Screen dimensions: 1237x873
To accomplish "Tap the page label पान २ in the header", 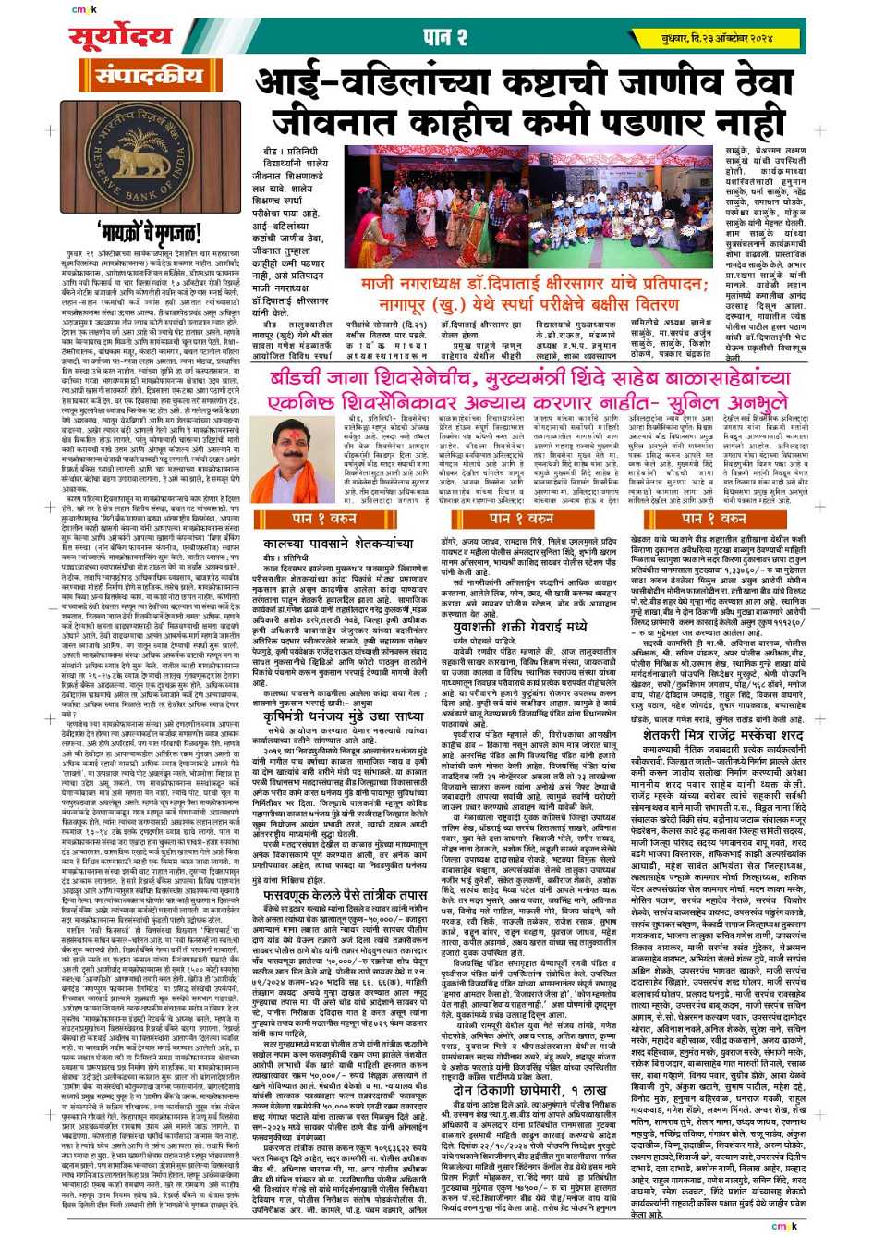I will (x=443, y=38).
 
